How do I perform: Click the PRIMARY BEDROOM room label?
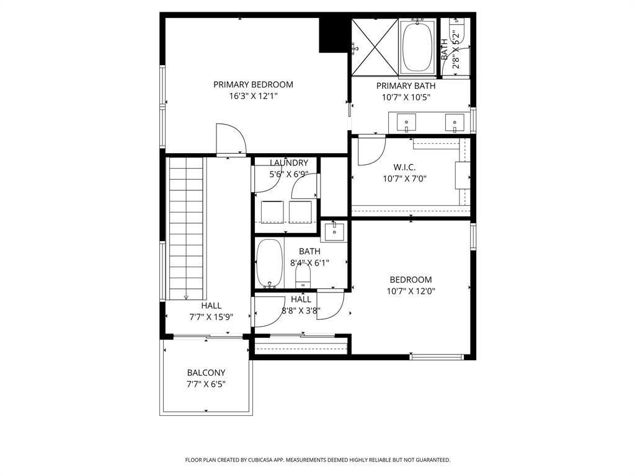pos(253,85)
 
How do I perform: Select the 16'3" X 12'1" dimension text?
pos(253,96)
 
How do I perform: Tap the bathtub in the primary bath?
pos(417,46)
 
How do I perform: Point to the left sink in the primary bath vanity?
pos(406,122)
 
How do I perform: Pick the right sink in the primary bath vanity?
pos(455,122)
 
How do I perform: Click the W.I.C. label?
pos(404,167)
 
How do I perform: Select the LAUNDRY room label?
pos(288,163)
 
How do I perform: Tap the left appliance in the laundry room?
pos(272,213)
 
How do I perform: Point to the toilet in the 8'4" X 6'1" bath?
pos(303,275)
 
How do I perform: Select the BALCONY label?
pos(206,373)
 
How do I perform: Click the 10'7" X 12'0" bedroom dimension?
pos(411,291)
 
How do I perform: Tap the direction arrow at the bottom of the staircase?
pos(186,297)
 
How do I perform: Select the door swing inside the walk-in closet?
pos(371,151)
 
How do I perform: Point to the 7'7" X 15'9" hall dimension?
pos(211,317)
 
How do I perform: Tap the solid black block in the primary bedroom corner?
pos(332,35)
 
